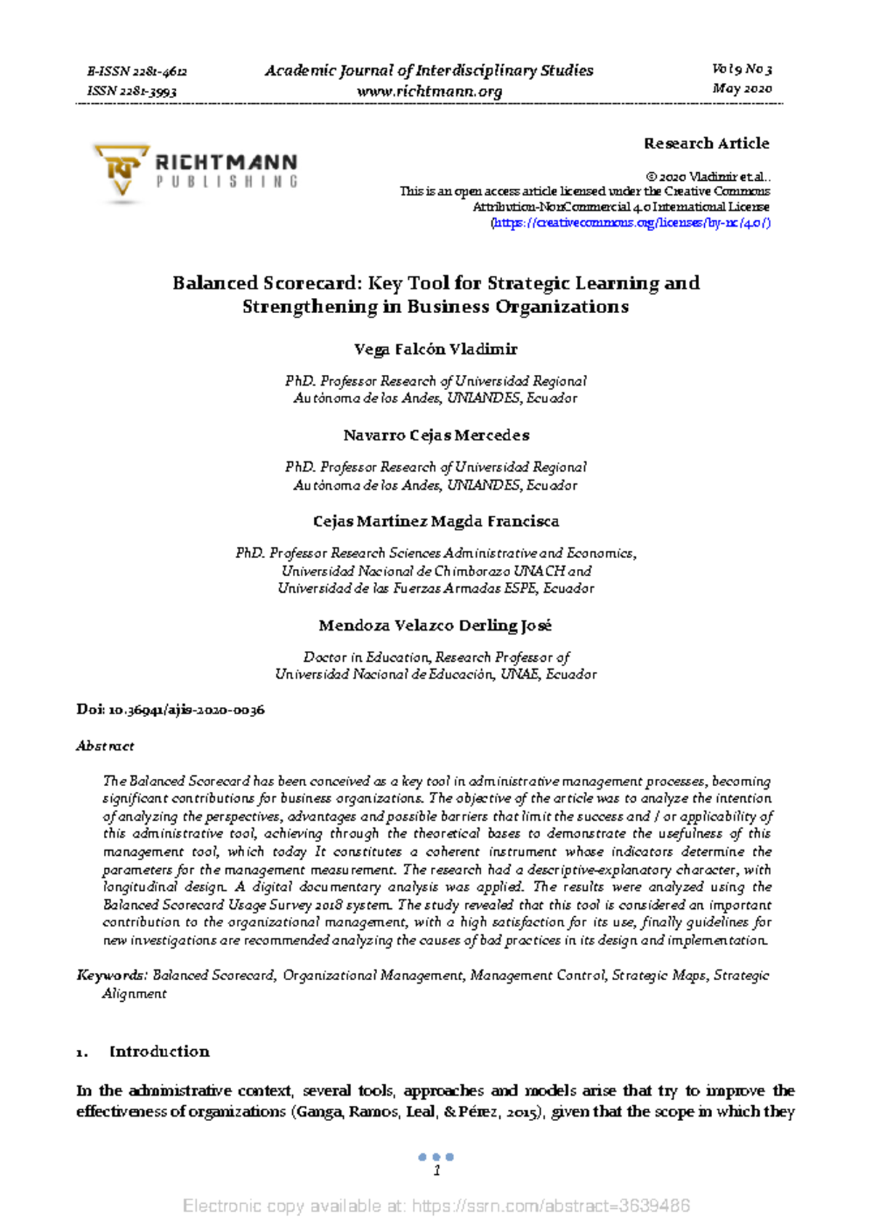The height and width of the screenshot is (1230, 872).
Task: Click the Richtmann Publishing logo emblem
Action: tap(121, 169)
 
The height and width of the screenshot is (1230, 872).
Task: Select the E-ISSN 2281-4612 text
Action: tap(137, 71)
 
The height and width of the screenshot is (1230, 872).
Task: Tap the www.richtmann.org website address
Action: tap(429, 92)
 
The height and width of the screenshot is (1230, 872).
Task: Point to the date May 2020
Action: tap(742, 89)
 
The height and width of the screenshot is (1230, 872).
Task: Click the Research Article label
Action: tap(706, 143)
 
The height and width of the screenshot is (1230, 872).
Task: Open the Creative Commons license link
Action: tap(631, 223)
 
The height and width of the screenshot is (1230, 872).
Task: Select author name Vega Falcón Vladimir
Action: tap(435, 349)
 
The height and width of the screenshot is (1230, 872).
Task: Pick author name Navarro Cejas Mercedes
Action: tap(436, 435)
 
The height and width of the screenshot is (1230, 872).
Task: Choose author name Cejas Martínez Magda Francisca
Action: tap(435, 522)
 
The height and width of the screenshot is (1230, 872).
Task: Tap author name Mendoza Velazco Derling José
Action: tap(435, 626)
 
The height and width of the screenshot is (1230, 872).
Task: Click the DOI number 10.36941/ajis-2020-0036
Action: tap(186, 710)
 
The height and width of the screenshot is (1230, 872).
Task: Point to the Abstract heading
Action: tap(105, 746)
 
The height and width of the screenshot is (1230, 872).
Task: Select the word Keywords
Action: tap(112, 975)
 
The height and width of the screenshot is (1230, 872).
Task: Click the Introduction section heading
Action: tap(159, 1051)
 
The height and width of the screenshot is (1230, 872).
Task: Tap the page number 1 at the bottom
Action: tap(437, 1170)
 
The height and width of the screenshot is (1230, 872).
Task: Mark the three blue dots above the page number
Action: tap(436, 1157)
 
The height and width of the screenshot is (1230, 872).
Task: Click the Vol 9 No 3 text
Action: tap(742, 70)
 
